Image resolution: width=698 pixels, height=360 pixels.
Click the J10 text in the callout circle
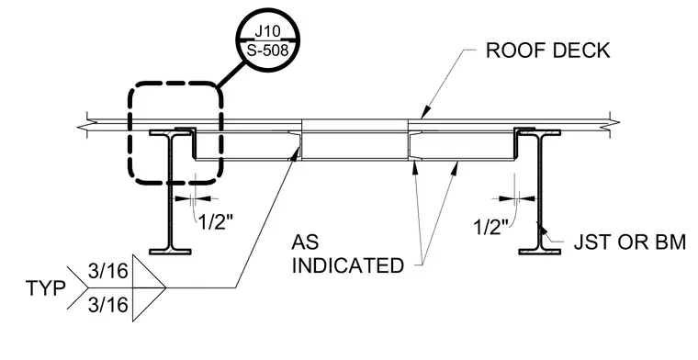pyautogui.click(x=267, y=32)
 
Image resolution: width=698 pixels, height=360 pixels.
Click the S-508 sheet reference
pyautogui.click(x=267, y=50)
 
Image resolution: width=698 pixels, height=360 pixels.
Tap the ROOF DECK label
pyautogui.click(x=547, y=51)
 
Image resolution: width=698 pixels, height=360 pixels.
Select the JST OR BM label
pyautogui.click(x=629, y=242)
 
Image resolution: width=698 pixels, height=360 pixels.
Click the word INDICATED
pyautogui.click(x=348, y=265)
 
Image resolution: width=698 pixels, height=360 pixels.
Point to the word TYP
pyautogui.click(x=45, y=288)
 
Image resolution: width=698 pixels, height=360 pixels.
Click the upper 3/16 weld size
pyautogui.click(x=108, y=271)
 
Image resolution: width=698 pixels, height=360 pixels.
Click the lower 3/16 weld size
pyautogui.click(x=108, y=305)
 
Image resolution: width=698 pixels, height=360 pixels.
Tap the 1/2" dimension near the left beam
pyautogui.click(x=215, y=221)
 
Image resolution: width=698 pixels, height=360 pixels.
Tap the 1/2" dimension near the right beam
pyautogui.click(x=490, y=227)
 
